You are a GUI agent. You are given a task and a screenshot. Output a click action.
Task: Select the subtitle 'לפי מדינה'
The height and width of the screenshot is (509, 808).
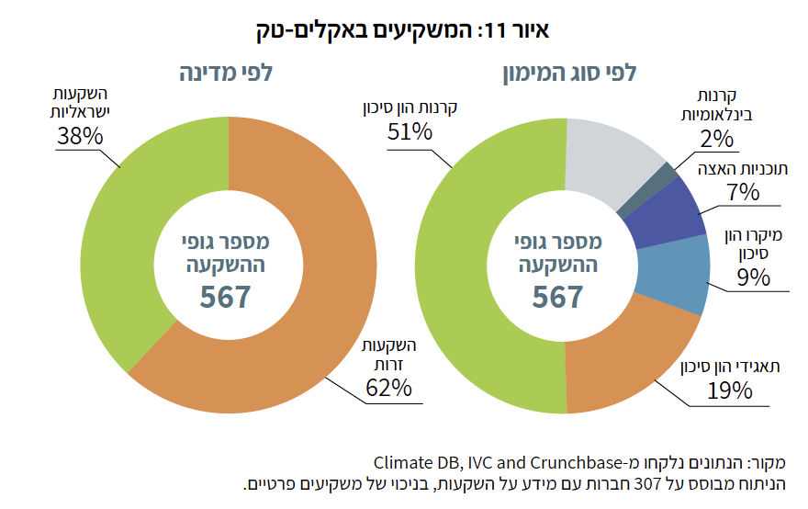point(226,74)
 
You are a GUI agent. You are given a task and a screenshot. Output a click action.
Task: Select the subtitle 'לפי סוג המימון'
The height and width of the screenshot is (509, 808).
point(568,74)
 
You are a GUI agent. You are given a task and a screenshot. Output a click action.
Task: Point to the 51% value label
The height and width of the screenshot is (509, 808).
point(410,132)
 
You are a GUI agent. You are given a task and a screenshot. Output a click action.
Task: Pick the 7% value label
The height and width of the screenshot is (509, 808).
point(742,192)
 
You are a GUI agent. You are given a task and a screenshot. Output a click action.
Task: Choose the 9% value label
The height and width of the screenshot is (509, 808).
point(753,277)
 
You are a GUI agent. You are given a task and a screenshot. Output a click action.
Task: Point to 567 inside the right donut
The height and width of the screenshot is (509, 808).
point(558,297)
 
